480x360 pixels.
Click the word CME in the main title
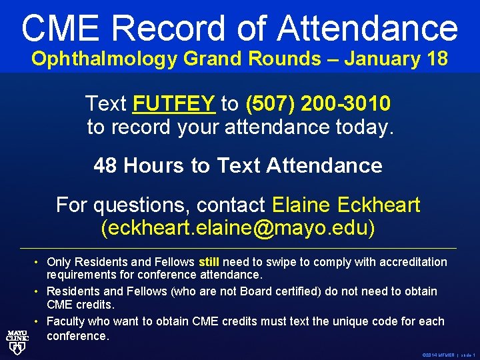click(61, 28)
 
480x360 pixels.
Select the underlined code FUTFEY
click(174, 103)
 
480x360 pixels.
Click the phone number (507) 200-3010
click(318, 103)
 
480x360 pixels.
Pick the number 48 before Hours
click(105, 165)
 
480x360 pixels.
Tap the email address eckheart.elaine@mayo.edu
click(238, 227)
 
